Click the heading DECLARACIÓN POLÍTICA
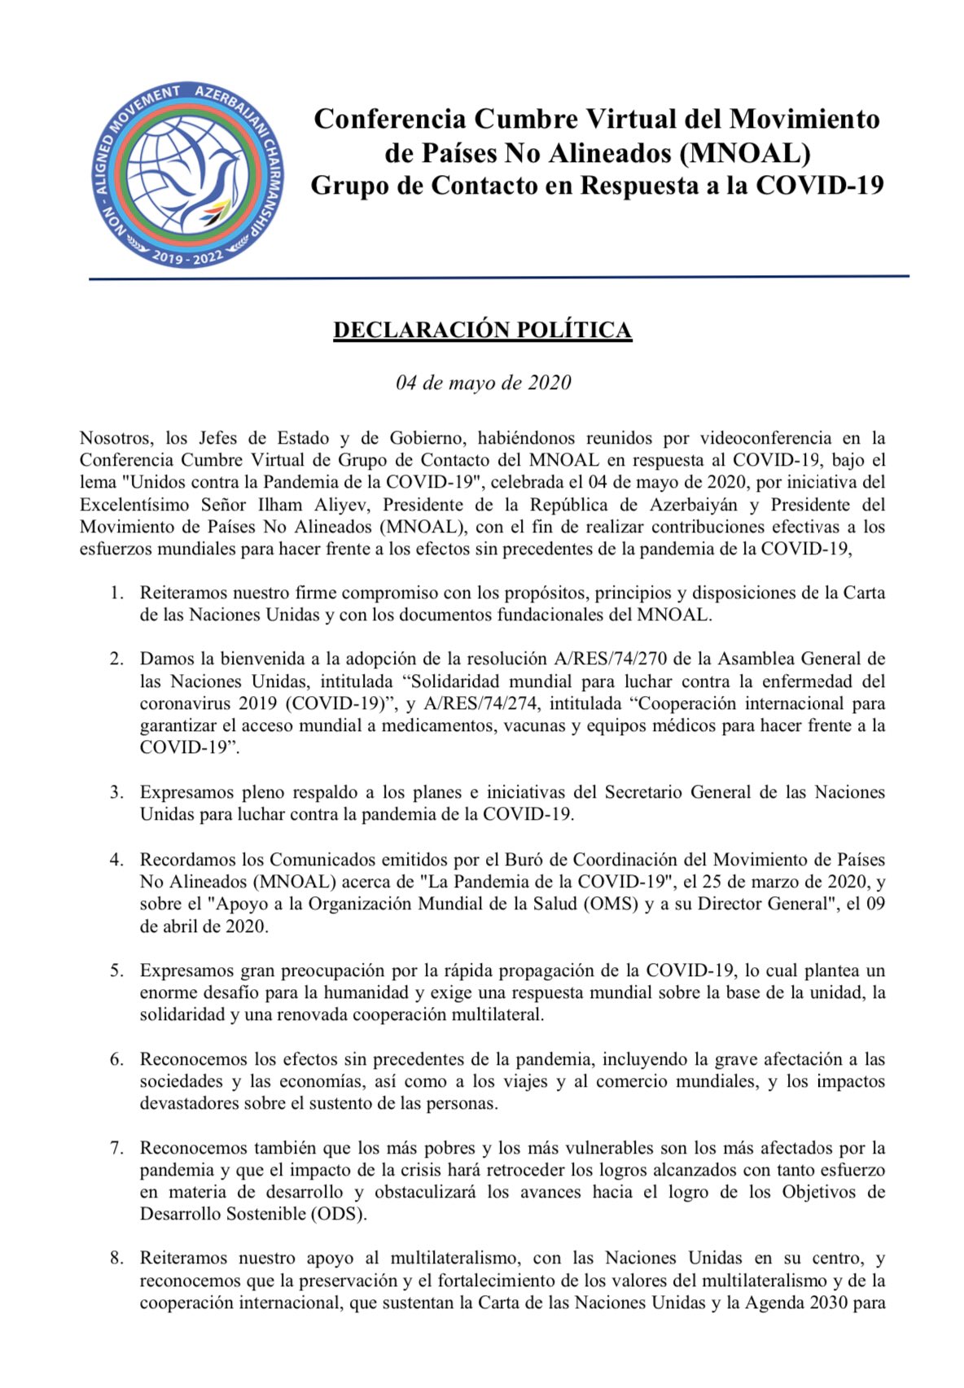482,330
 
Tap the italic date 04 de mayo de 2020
483,383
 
